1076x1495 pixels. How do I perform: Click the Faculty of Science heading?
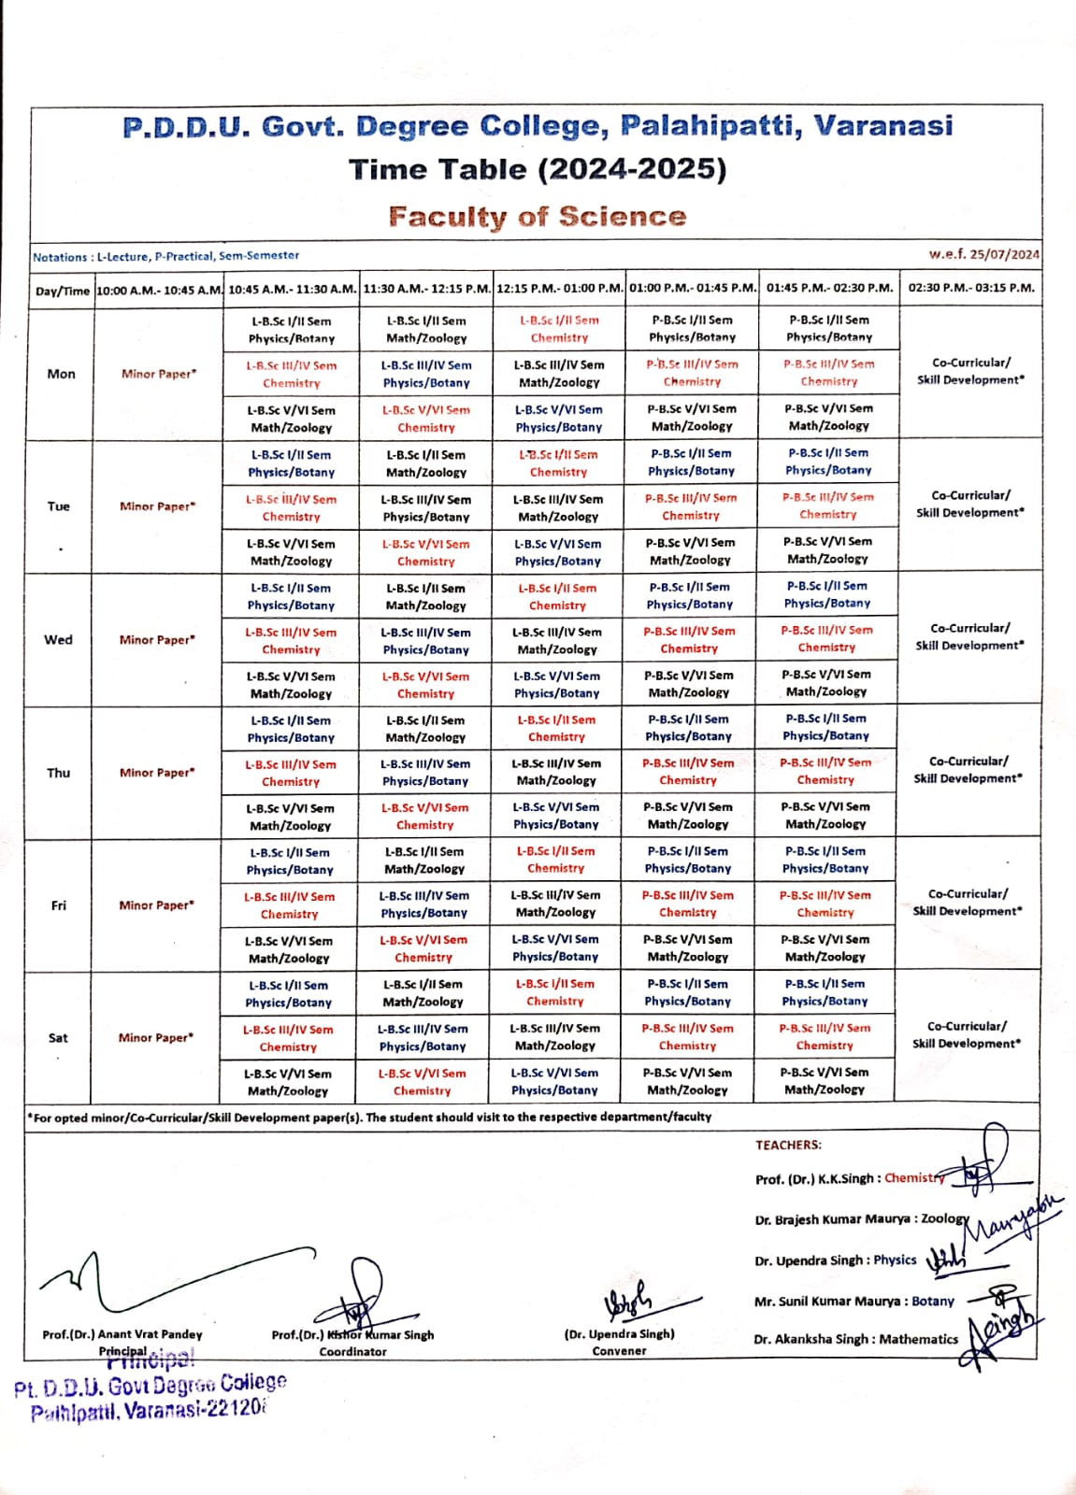(538, 217)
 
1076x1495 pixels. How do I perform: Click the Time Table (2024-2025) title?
(538, 169)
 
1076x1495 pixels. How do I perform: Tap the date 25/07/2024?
(1004, 254)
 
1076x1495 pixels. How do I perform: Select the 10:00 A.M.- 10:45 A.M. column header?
(159, 289)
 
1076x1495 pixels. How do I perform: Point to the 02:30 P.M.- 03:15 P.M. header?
(971, 288)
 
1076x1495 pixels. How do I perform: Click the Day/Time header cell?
(63, 291)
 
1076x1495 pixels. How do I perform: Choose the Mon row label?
(62, 374)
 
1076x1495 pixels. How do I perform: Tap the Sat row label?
(58, 1037)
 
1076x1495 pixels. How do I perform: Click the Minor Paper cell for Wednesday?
(157, 640)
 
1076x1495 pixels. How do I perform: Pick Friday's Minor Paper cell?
(156, 904)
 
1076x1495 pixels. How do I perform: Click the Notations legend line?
(166, 256)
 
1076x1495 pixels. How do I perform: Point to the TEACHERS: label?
(788, 1145)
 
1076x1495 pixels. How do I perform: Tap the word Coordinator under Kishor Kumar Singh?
(352, 1351)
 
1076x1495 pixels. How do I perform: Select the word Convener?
(619, 1350)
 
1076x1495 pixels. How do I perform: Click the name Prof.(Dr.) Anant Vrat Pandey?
(122, 1334)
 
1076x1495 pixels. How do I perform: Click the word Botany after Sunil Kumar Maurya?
(933, 1301)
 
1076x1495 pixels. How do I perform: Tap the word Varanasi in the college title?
(882, 126)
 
